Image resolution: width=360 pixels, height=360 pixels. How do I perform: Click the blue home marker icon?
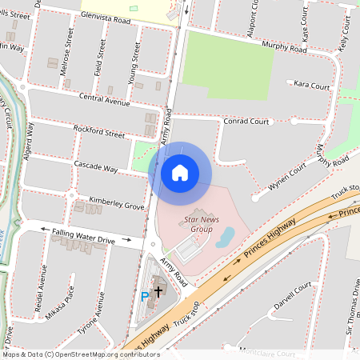pyautogui.click(x=180, y=172)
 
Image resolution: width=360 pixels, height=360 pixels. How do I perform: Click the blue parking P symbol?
pyautogui.click(x=145, y=296)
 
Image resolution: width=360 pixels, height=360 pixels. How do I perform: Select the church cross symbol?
pyautogui.click(x=158, y=293)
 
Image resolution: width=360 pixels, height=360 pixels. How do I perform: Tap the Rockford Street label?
pyautogui.click(x=99, y=132)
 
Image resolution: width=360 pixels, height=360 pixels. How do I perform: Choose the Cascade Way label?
pyautogui.click(x=96, y=170)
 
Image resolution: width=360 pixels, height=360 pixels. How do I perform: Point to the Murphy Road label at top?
pyautogui.click(x=286, y=50)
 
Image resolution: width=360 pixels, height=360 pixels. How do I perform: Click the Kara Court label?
pyautogui.click(x=312, y=84)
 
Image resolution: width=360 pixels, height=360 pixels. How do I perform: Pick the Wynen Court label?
pyautogui.click(x=287, y=176)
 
